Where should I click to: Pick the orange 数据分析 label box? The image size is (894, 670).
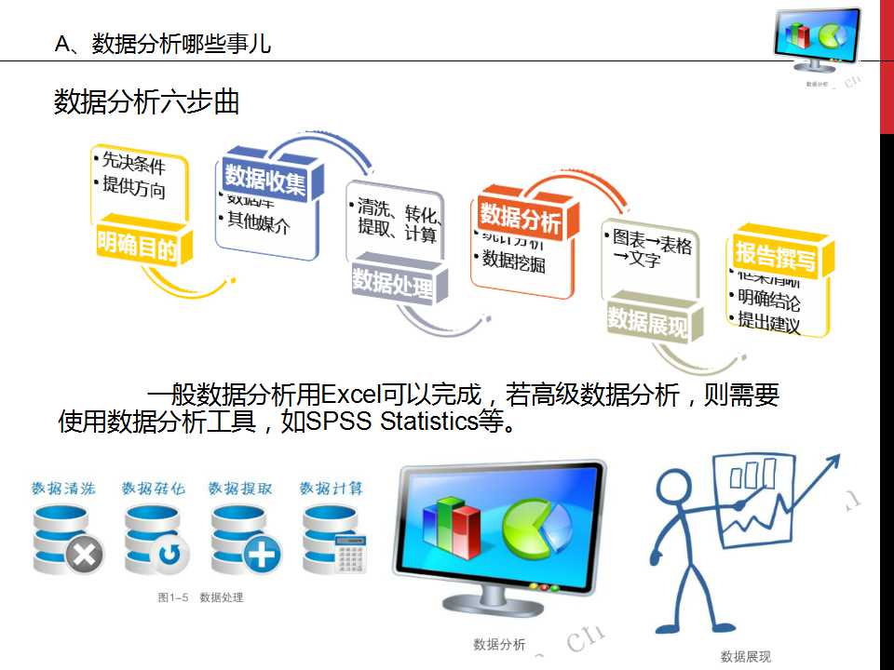521,220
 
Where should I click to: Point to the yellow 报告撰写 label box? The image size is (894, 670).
775,254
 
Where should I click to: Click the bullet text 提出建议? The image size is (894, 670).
768,321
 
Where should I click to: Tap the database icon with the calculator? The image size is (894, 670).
335,542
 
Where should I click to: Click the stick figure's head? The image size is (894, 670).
672,487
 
